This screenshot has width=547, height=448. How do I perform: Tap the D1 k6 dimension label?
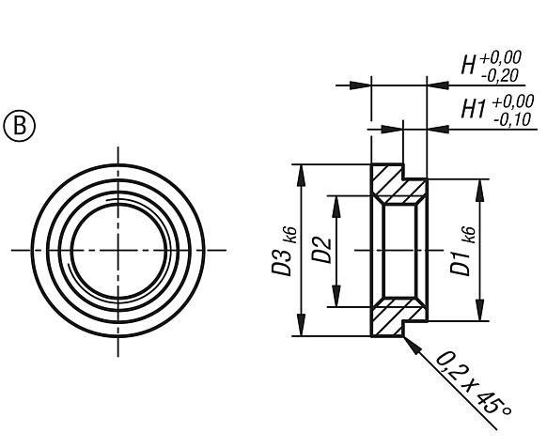point(461,251)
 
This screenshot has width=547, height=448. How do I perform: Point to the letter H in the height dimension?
point(467,67)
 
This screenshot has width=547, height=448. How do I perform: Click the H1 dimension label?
point(471,109)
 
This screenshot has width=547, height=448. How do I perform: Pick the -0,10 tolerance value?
point(510,118)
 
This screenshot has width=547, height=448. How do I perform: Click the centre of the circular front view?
point(118,251)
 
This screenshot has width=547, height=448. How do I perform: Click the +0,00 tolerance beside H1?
point(510,100)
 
